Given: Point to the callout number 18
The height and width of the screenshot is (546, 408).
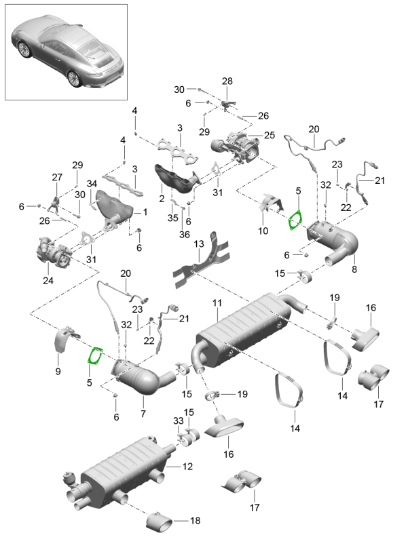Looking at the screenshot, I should [195, 521].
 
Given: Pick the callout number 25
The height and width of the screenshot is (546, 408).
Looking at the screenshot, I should [269, 135].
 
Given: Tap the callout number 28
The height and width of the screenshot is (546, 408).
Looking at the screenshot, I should [227, 81].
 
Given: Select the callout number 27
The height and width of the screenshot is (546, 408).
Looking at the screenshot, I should [56, 177].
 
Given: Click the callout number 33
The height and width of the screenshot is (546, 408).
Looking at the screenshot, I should [179, 421].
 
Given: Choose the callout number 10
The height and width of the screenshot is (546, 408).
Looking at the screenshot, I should [263, 231].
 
